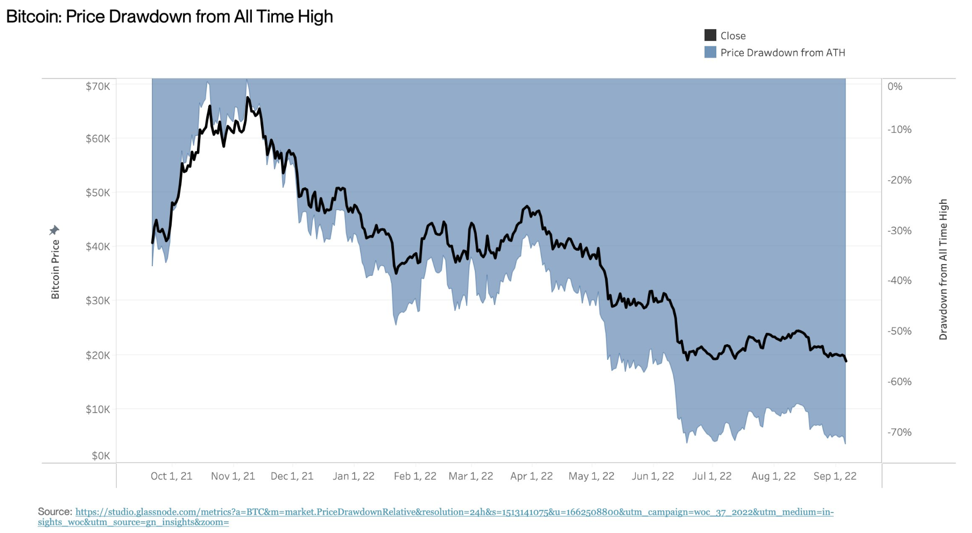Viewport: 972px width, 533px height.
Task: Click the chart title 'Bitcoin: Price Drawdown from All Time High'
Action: (x=170, y=17)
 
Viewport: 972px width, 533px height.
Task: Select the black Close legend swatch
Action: (x=710, y=35)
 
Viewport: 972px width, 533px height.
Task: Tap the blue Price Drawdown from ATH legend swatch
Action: (x=710, y=52)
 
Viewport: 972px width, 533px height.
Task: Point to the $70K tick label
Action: (x=97, y=86)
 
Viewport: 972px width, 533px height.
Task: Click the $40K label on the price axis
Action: (x=97, y=246)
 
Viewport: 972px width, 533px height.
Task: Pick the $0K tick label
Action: (x=101, y=456)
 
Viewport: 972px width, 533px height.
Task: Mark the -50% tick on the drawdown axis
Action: (x=899, y=331)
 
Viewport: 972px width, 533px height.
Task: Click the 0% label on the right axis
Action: (x=894, y=86)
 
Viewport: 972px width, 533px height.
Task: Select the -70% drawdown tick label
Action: (x=899, y=432)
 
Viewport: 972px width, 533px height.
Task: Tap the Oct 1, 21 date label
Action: (x=171, y=476)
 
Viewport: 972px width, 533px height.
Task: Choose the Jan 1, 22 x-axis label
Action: (x=353, y=476)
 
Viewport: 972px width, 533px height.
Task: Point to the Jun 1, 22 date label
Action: (x=652, y=476)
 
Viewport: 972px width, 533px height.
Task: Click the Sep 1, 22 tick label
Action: (x=834, y=476)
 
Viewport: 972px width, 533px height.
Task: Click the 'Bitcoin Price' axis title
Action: (x=55, y=269)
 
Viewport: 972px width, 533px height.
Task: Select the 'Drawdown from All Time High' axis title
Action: (x=943, y=269)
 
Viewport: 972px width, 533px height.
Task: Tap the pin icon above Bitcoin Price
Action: (x=54, y=230)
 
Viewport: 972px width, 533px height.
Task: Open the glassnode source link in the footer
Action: (x=454, y=512)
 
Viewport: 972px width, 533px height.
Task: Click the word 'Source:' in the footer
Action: (x=55, y=511)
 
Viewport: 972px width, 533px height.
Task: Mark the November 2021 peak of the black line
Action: (x=248, y=97)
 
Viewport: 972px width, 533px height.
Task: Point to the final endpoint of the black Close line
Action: (x=846, y=361)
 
